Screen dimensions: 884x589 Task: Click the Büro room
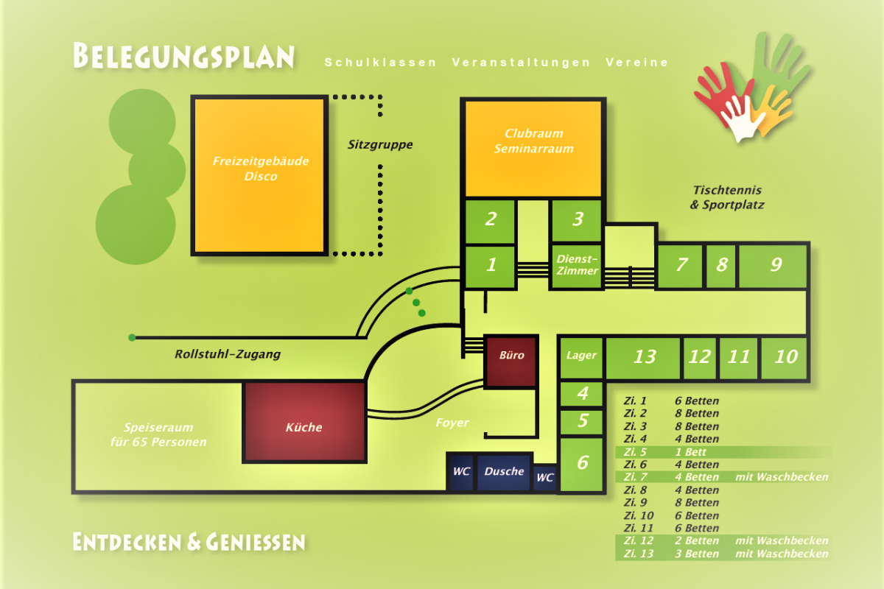pyautogui.click(x=511, y=361)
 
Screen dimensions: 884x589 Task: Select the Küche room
pyautogui.click(x=304, y=422)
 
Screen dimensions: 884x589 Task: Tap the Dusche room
pyautogui.click(x=504, y=472)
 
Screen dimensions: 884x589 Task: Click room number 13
pyautogui.click(x=643, y=357)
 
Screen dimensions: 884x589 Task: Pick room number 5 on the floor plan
pyautogui.click(x=582, y=422)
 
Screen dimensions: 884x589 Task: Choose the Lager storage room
pyautogui.click(x=581, y=357)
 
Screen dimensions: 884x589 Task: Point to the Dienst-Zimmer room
pyautogui.click(x=576, y=266)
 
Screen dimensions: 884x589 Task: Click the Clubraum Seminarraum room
pyautogui.click(x=533, y=148)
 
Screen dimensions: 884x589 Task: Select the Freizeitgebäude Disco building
pyautogui.click(x=259, y=175)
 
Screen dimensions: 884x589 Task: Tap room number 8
pyautogui.click(x=721, y=266)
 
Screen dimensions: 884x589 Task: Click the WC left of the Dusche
pyautogui.click(x=461, y=472)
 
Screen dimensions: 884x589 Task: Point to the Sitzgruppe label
pyautogui.click(x=380, y=145)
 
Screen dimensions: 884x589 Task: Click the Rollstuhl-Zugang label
pyautogui.click(x=228, y=354)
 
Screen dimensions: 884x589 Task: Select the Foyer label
pyautogui.click(x=452, y=423)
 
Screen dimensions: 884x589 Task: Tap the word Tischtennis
pyautogui.click(x=727, y=190)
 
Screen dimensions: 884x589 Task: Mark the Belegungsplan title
pyautogui.click(x=184, y=56)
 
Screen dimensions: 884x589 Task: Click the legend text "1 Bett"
pyautogui.click(x=690, y=452)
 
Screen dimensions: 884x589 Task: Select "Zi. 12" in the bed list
pyautogui.click(x=638, y=541)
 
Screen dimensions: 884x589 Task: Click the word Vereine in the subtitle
pyautogui.click(x=636, y=63)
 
